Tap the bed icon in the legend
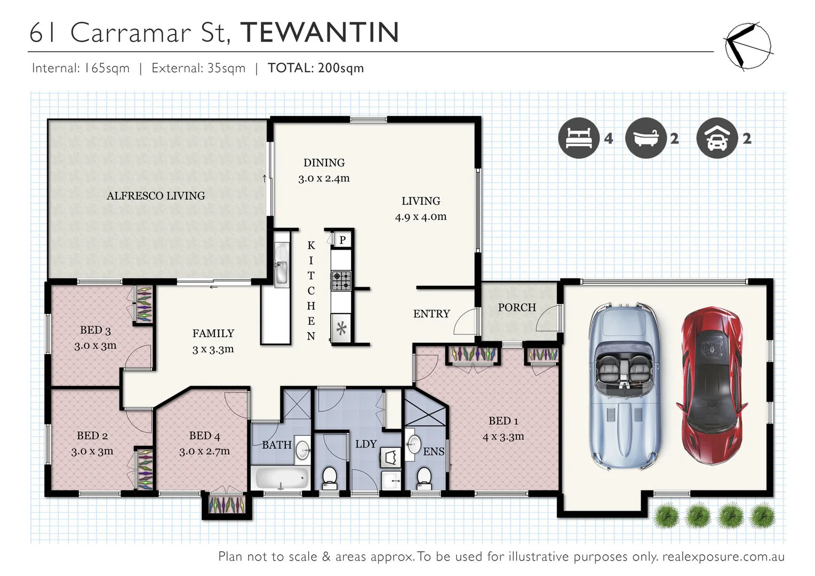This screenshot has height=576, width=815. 579,138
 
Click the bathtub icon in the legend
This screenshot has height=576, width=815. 645,138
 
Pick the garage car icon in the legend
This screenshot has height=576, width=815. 717,138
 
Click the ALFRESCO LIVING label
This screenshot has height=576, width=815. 156,196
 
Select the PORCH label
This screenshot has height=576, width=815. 516,308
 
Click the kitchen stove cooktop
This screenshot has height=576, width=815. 341,280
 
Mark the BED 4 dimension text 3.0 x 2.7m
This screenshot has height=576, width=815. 204,451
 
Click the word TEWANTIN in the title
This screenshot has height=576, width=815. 319,33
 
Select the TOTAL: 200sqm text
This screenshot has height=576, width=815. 316,68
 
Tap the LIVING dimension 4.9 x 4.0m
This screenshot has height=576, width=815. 420,217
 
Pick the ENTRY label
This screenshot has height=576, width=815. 431,314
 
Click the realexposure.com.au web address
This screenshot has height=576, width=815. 723,557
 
